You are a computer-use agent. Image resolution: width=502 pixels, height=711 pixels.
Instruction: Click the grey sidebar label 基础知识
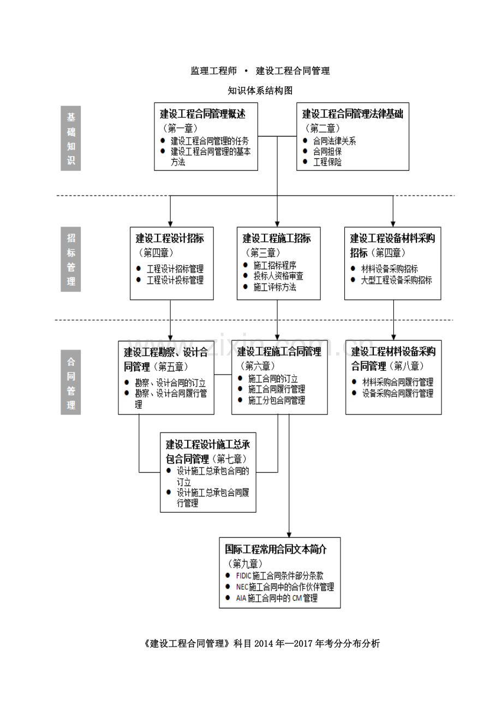pos(71,138)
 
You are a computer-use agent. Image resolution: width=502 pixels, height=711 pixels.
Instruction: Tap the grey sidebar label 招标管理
pos(71,259)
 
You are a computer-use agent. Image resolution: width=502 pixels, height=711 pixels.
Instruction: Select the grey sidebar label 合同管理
pos(71,382)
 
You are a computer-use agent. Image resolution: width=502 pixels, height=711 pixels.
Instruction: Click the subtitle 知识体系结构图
pos(260,91)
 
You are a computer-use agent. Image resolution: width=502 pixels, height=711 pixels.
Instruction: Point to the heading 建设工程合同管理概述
pos(202,114)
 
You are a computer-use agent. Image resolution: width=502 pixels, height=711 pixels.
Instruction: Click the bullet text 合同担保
pos(327,151)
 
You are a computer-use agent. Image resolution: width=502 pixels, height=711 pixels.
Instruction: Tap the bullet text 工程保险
pos(327,162)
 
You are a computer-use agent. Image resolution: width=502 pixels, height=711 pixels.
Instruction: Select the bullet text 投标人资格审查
pos(278,276)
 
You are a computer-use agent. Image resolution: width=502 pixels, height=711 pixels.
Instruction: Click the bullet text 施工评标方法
pos(274,287)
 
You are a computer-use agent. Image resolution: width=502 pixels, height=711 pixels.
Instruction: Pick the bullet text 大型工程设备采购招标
pos(396,280)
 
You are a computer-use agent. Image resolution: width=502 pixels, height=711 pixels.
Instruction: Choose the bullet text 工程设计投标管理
pos(175,280)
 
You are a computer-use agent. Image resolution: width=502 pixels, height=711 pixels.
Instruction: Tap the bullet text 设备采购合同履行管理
pos(398,394)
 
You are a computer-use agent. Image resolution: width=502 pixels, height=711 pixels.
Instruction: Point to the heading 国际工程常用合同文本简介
pos(276,549)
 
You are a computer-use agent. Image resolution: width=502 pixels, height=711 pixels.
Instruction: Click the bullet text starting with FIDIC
pos(280,576)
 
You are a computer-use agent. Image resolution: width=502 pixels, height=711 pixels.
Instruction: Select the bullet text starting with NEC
pos(285,587)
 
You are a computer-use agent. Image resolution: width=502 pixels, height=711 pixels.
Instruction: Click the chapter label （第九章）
pos(245,564)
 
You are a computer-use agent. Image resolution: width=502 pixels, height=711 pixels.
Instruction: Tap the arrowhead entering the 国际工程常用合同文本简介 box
pos(289,535)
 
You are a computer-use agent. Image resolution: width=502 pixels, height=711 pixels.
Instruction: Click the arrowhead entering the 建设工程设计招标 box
pos(170,224)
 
